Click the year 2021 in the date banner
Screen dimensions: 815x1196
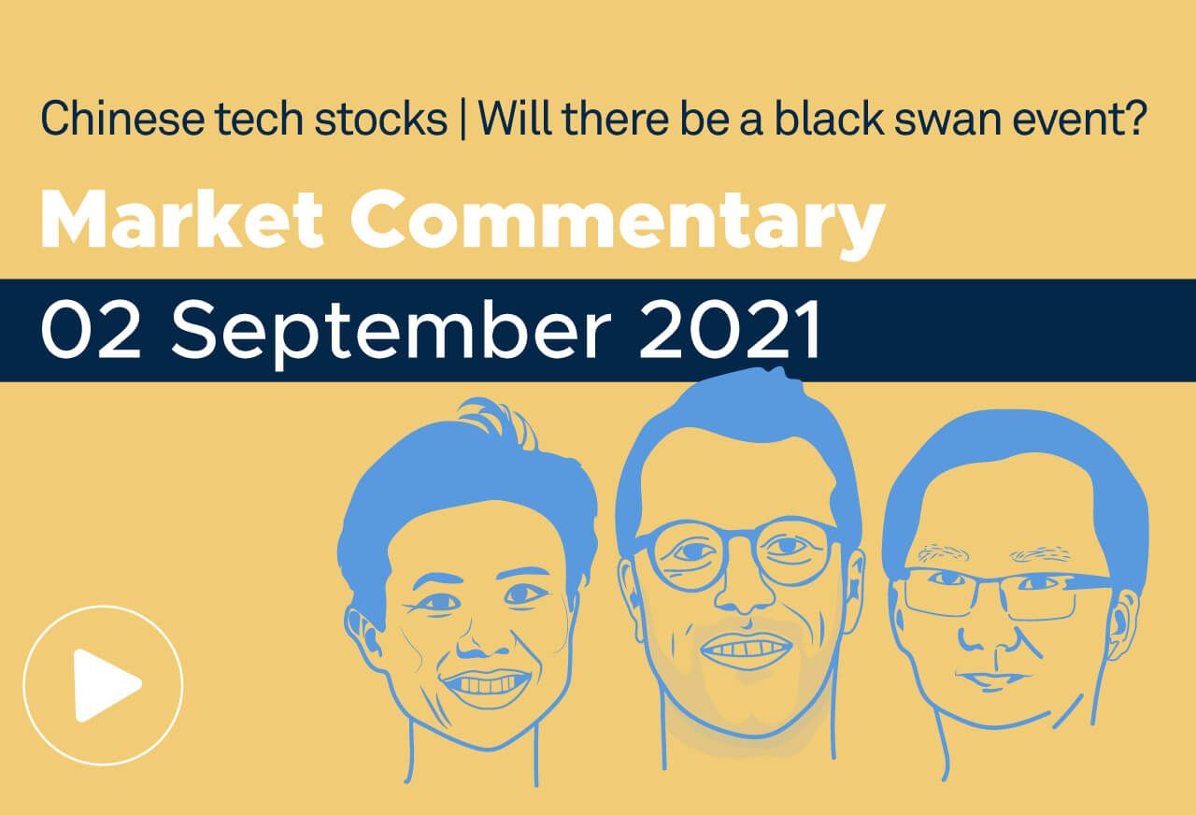point(733,331)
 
